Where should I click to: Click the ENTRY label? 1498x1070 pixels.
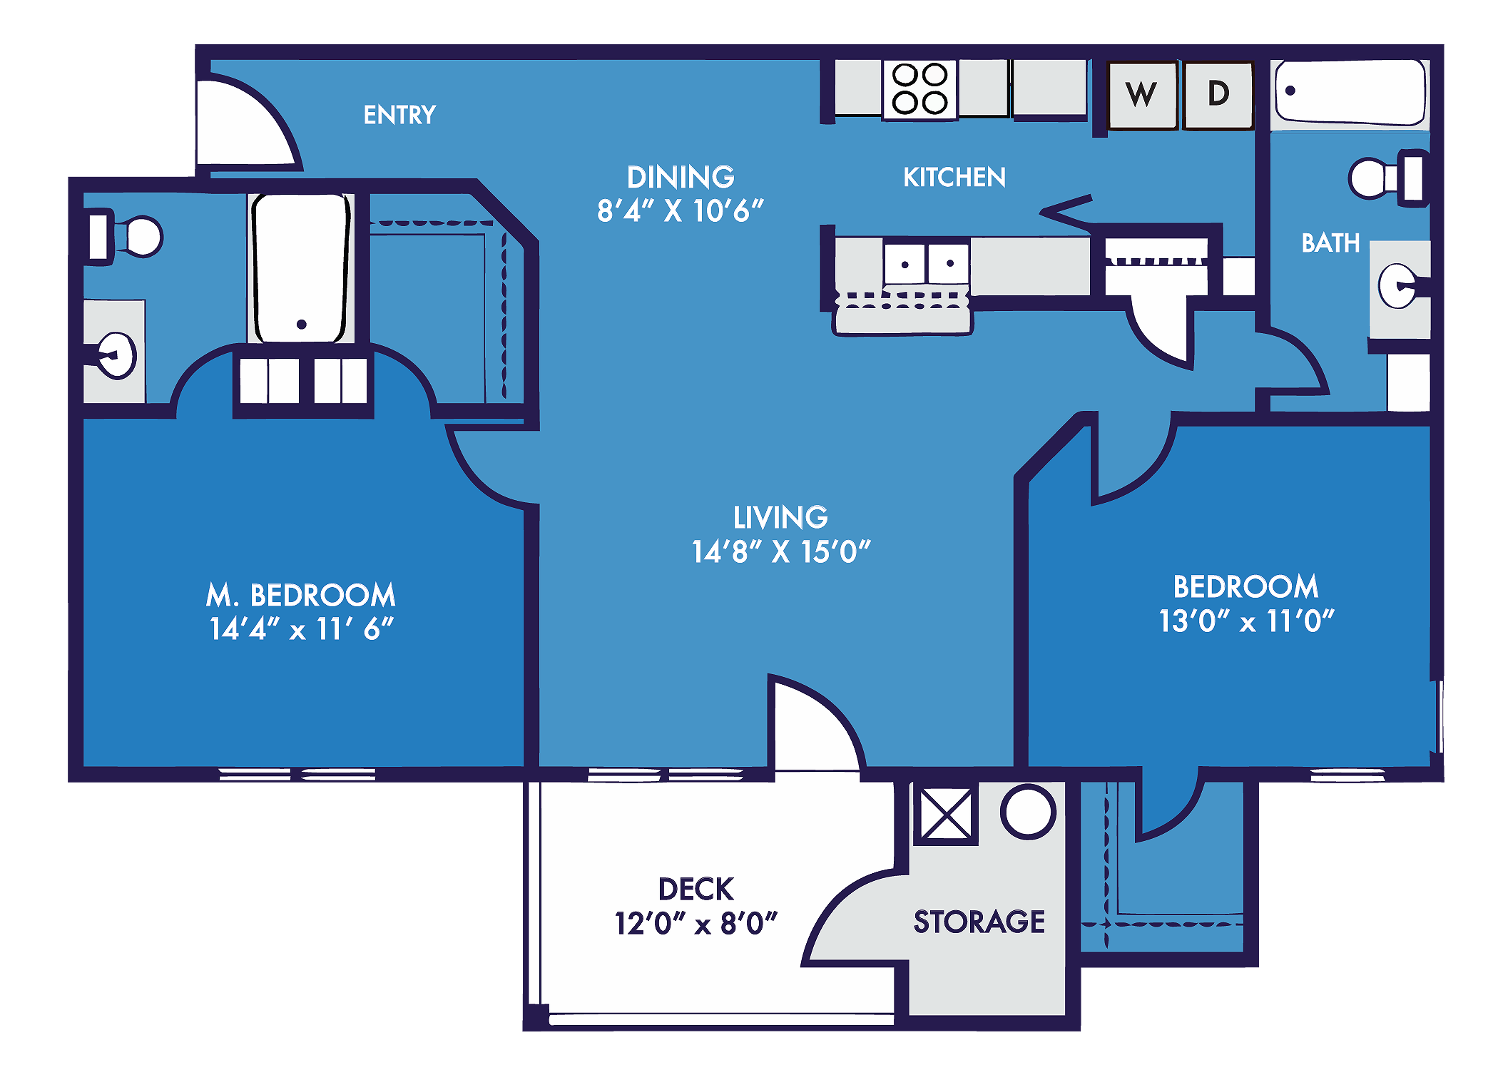pyautogui.click(x=399, y=115)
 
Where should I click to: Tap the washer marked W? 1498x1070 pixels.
pyautogui.click(x=1141, y=95)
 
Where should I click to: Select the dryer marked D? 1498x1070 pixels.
pyautogui.click(x=1218, y=94)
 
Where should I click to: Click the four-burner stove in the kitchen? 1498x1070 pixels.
pyautogui.click(x=920, y=88)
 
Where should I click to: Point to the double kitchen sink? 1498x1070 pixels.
pyautogui.click(x=927, y=264)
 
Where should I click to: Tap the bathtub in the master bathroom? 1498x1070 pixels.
pyautogui.click(x=301, y=267)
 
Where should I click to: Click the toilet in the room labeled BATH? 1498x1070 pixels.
pyautogui.click(x=1384, y=178)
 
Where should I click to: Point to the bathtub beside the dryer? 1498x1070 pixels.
pyautogui.click(x=1350, y=92)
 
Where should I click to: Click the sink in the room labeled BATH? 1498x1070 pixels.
pyautogui.click(x=1398, y=286)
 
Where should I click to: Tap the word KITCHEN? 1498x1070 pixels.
pyautogui.click(x=954, y=178)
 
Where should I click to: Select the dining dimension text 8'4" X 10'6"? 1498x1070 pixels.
pyautogui.click(x=680, y=211)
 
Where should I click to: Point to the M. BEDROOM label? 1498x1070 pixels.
pyautogui.click(x=301, y=595)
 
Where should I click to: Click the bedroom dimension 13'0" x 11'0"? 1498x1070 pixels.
pyautogui.click(x=1246, y=621)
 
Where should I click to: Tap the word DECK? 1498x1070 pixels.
pyautogui.click(x=695, y=890)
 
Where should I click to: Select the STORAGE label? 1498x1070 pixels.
pyautogui.click(x=979, y=922)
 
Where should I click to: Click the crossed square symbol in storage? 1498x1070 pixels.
pyautogui.click(x=945, y=814)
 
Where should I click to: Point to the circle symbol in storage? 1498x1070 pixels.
pyautogui.click(x=1027, y=812)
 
